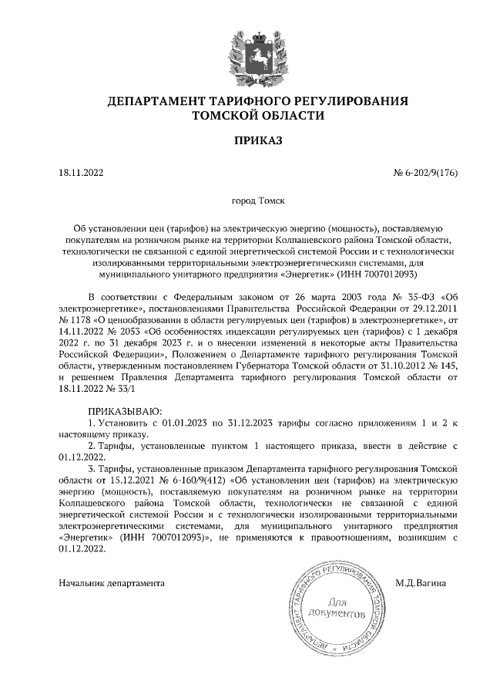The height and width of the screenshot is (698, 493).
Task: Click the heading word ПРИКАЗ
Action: point(258,141)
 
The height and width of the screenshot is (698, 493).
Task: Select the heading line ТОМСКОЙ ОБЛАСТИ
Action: point(258,116)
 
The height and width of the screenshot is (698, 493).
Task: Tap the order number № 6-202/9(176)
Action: point(426,173)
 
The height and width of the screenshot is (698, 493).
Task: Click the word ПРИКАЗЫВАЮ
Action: point(123,412)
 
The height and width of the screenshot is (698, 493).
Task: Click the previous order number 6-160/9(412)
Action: point(185,480)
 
